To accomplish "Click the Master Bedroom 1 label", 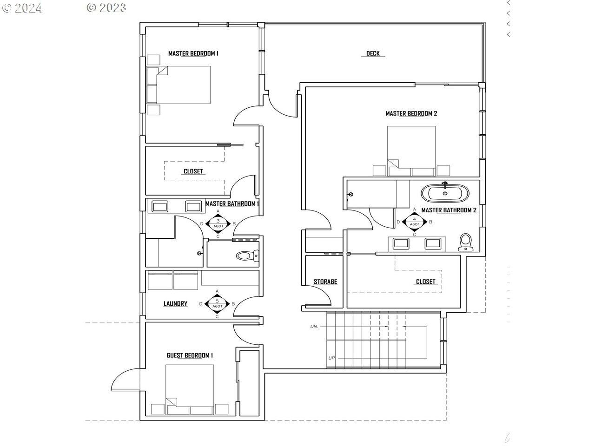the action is (193, 53).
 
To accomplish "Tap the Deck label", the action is (373, 53).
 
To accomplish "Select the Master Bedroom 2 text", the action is (411, 113).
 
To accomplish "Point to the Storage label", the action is (325, 282).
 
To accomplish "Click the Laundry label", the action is (175, 303).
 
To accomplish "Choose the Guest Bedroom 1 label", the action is (190, 355).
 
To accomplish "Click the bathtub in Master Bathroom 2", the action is (445, 193).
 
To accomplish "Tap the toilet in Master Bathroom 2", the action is (465, 243).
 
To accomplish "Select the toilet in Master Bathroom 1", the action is (247, 256).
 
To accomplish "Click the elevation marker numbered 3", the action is (218, 223).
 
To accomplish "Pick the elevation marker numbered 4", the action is (414, 222).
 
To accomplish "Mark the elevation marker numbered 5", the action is (217, 303).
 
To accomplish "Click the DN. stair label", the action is (314, 326).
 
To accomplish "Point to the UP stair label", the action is (331, 358).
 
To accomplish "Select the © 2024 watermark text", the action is (22, 8).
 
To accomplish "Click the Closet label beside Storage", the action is (425, 282).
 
